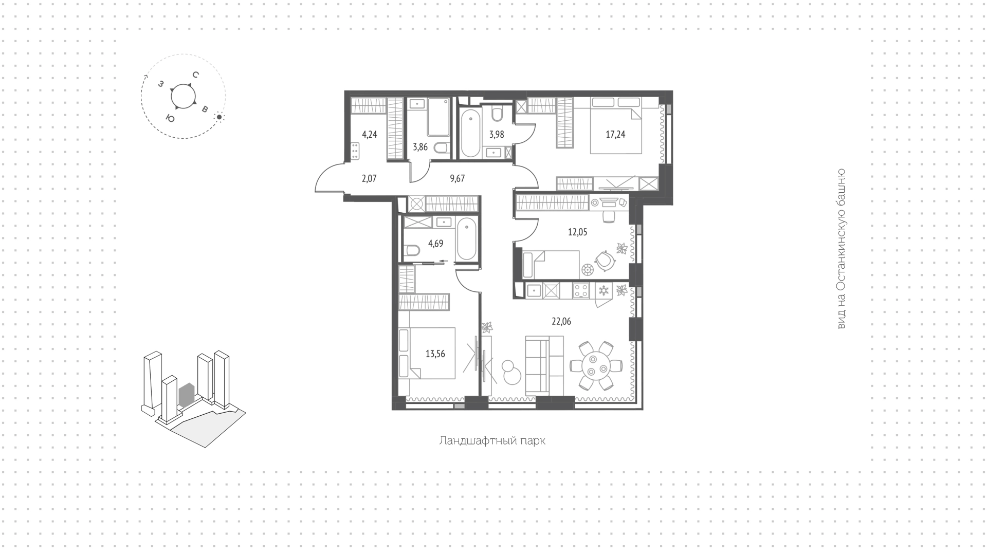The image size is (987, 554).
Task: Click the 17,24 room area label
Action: coord(615,135)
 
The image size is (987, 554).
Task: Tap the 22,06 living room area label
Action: coord(561,322)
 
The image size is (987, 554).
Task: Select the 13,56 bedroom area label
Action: coord(435,354)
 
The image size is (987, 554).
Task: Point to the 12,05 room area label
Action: coord(577,232)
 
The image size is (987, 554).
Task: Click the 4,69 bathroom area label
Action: coord(435,244)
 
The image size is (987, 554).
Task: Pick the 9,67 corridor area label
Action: coord(457,178)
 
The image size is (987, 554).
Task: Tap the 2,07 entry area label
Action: coord(369,178)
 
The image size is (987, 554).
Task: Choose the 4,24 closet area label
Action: coord(370,135)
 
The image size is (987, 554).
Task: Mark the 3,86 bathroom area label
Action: coord(420,147)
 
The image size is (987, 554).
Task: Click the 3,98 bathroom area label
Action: coord(497,135)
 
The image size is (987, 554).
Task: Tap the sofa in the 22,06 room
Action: coord(544,365)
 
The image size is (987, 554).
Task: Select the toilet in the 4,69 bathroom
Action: coord(412,251)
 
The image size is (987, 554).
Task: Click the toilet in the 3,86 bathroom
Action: coord(441,149)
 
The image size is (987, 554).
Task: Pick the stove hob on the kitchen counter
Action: coord(581,291)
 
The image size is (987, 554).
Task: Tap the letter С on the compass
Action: coord(195,75)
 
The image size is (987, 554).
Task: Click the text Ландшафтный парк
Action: coord(492,441)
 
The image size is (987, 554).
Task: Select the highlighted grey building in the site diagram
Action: coord(186,395)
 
